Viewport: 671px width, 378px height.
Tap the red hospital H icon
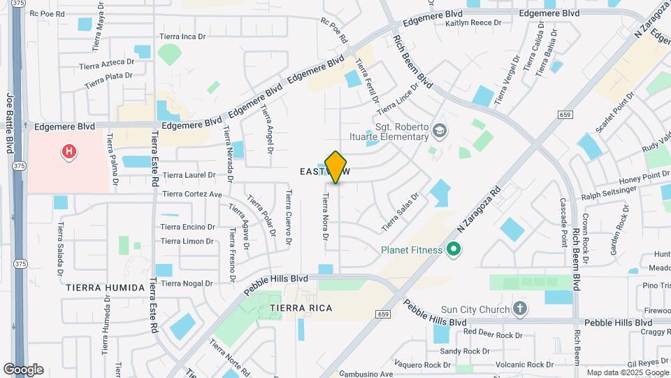(x=68, y=151)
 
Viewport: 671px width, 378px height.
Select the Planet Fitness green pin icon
(x=453, y=249)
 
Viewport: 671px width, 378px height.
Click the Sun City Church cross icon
(x=519, y=308)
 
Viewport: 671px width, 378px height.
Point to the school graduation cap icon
(x=439, y=130)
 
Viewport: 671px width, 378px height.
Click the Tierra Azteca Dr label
(x=108, y=62)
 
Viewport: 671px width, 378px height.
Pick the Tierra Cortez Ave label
(x=192, y=194)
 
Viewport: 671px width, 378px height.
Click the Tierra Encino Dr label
(x=187, y=227)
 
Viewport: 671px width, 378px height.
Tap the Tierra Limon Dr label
(x=187, y=241)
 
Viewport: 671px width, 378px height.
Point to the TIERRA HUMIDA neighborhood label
(x=105, y=288)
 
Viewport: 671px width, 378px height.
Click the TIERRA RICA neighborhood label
(x=301, y=308)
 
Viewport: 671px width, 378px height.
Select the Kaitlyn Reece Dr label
(x=474, y=23)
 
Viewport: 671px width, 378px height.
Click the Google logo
(x=23, y=369)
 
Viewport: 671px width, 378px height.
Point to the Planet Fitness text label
(x=412, y=250)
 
